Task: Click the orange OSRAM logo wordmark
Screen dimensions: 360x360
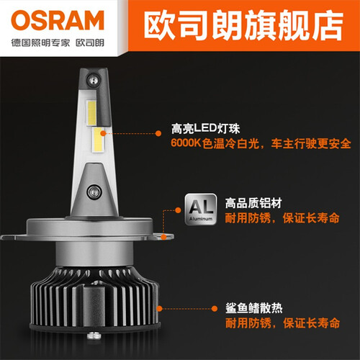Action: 58,20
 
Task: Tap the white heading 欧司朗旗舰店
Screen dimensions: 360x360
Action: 243,25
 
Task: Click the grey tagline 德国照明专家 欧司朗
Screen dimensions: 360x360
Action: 58,43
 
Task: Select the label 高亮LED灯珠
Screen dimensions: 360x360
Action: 205,129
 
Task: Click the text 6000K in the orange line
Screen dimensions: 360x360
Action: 186,143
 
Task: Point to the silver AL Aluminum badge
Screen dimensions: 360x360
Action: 201,210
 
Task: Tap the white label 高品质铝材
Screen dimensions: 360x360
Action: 253,203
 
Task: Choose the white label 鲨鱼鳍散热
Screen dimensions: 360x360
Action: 254,308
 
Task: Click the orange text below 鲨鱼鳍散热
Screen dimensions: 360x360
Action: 282,323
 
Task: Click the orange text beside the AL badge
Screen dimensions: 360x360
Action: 282,218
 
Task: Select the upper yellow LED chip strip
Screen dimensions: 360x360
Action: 91,113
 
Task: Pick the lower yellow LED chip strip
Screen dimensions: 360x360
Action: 98,140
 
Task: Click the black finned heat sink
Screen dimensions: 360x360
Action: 94,297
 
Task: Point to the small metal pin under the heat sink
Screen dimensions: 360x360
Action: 93,335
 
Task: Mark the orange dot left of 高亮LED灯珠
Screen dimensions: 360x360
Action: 158,133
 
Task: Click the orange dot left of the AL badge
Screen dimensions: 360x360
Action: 178,210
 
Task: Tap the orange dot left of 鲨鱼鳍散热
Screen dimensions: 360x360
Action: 215,309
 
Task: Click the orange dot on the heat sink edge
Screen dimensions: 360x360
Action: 159,309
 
